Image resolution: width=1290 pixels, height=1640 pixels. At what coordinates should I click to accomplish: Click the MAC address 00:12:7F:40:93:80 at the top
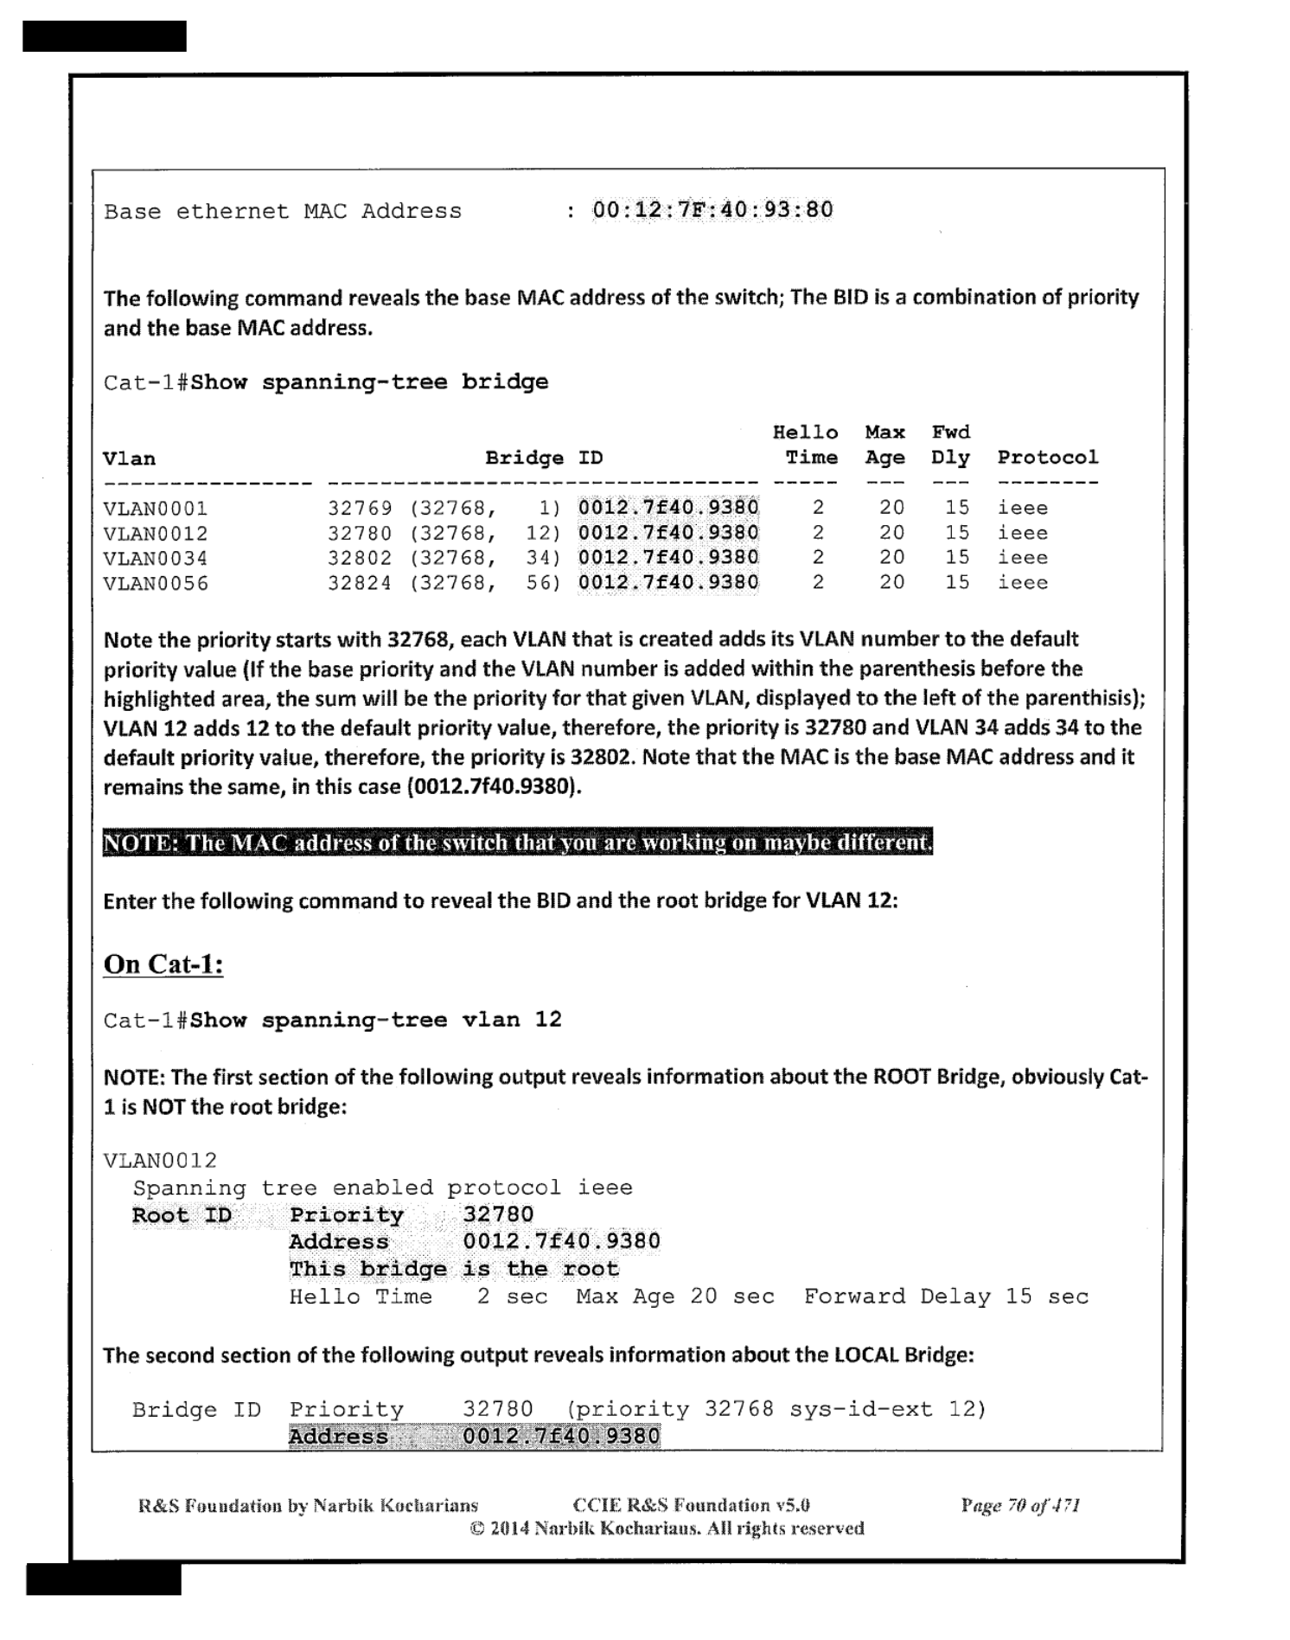(x=712, y=210)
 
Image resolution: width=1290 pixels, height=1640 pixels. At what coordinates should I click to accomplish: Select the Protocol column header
(x=1047, y=458)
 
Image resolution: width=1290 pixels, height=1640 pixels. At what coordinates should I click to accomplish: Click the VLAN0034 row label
(x=155, y=559)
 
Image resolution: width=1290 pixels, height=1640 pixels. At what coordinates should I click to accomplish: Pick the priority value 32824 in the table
(x=359, y=584)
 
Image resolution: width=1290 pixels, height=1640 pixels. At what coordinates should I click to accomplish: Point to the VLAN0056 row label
(x=155, y=584)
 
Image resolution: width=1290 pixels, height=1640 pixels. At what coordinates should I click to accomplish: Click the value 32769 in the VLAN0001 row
(x=359, y=509)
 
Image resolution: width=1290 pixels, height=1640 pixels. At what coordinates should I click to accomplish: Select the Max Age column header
(x=884, y=445)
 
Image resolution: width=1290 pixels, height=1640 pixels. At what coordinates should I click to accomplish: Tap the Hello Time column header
(x=806, y=445)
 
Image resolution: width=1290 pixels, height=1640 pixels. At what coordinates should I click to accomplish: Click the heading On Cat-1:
(x=163, y=964)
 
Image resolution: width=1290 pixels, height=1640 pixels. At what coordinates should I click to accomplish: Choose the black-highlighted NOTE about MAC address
(x=517, y=842)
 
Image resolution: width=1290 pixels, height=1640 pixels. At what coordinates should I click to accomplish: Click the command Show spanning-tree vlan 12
(x=375, y=1020)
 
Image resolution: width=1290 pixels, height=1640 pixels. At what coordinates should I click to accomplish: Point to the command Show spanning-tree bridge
(x=369, y=382)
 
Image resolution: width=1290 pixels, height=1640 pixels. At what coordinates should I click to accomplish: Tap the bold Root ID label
(x=182, y=1215)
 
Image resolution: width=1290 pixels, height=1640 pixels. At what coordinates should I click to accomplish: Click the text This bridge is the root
(x=454, y=1270)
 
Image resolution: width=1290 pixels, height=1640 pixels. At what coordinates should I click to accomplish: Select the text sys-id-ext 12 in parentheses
(x=885, y=1410)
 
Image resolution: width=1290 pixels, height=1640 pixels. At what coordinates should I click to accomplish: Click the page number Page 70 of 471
(x=1020, y=1506)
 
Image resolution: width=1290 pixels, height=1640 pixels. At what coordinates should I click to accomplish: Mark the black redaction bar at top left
(x=104, y=35)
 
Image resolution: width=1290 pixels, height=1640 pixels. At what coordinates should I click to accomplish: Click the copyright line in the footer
(x=667, y=1528)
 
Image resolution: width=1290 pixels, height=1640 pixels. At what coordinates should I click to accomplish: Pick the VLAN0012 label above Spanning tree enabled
(x=160, y=1161)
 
